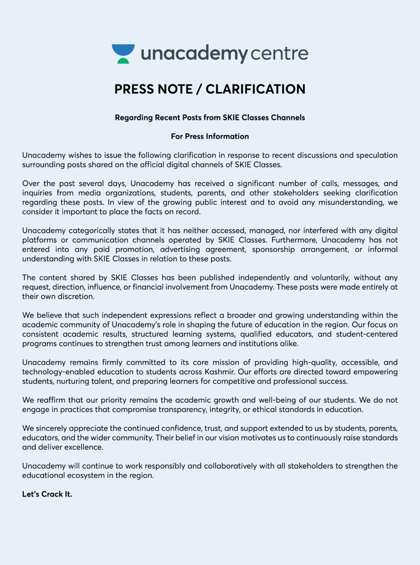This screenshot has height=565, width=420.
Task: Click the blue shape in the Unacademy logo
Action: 123,50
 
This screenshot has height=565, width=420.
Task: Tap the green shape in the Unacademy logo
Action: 123,61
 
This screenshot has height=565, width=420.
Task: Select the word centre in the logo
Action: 279,54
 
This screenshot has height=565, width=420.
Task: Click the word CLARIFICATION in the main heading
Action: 255,89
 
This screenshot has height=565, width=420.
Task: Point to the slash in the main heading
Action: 199,89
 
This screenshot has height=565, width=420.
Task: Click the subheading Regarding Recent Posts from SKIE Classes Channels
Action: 210,117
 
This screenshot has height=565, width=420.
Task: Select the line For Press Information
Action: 210,136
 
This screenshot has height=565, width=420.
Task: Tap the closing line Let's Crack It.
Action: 47,494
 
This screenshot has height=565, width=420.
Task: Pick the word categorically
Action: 94,230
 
